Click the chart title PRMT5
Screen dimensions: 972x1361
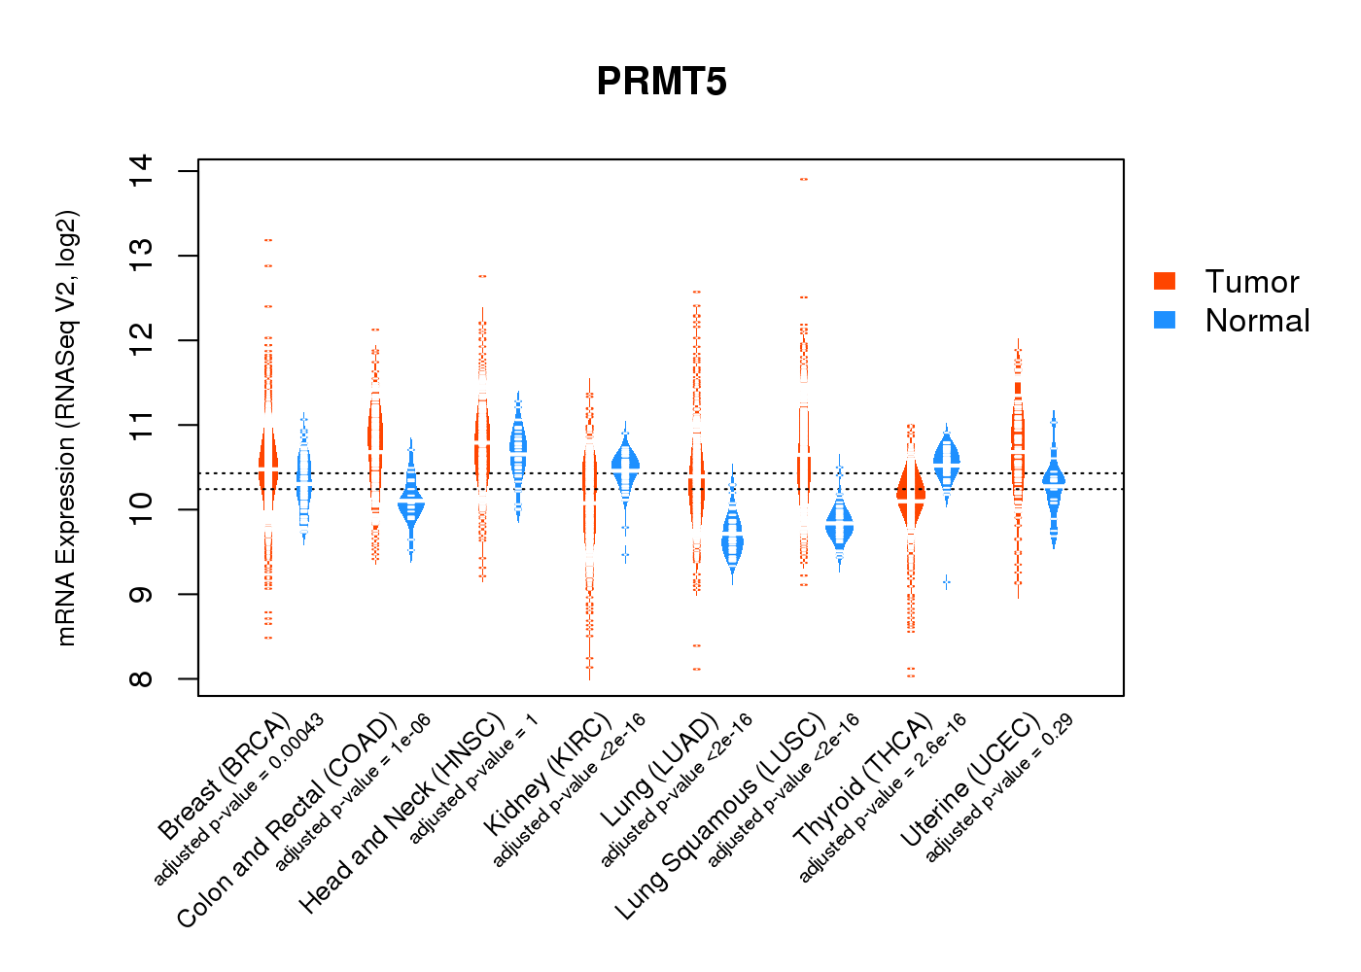point(661,82)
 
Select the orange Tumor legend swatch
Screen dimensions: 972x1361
point(1165,281)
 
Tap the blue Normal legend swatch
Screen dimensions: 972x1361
point(1165,320)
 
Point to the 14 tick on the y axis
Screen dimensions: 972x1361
point(142,171)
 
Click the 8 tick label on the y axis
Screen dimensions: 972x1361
point(142,678)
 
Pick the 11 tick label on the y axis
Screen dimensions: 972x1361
point(142,425)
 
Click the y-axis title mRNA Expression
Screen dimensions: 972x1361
point(66,428)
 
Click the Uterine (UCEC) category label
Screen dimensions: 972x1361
point(970,780)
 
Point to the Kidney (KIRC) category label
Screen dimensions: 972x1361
point(547,775)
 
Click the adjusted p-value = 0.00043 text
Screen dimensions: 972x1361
point(239,799)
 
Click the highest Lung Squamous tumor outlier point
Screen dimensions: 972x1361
point(803,180)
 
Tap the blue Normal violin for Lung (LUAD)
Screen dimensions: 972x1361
point(732,539)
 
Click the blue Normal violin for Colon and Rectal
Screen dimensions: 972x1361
point(411,505)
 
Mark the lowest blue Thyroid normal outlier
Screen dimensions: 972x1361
point(946,581)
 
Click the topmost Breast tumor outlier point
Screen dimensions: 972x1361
point(267,240)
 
